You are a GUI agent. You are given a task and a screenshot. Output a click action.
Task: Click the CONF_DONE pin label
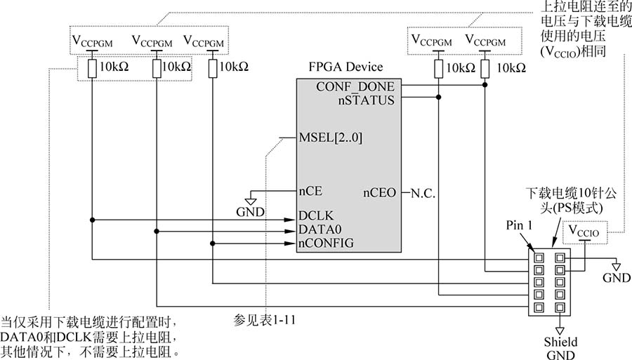[x=355, y=86]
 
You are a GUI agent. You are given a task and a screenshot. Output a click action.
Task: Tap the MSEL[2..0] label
[x=331, y=138]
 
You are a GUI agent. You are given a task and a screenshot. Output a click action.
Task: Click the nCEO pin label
[x=380, y=192]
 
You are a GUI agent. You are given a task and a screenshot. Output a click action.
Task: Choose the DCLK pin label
[x=315, y=215]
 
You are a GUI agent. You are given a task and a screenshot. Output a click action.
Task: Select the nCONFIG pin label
[x=326, y=243]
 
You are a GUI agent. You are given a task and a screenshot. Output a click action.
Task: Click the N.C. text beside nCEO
[x=423, y=192]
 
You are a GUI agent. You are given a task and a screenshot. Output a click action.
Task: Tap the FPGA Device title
[x=346, y=67]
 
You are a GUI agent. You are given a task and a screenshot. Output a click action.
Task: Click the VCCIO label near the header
[x=585, y=231]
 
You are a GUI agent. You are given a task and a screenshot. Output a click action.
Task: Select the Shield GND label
[x=560, y=348]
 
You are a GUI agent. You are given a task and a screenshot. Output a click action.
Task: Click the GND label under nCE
[x=251, y=211]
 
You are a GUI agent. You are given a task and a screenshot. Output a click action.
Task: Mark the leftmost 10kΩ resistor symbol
[x=93, y=68]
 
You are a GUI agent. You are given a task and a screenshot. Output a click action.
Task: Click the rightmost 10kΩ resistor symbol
[x=486, y=68]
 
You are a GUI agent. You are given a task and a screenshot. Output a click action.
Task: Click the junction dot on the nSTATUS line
[x=438, y=98]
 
